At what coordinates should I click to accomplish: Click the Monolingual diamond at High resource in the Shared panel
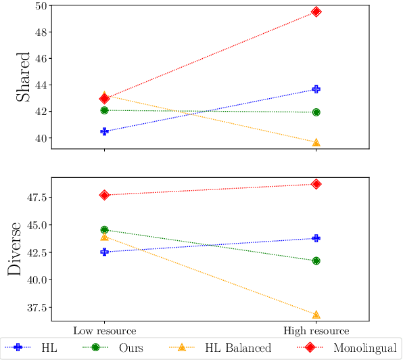coord(316,12)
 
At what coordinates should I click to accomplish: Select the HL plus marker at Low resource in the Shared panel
coord(104,131)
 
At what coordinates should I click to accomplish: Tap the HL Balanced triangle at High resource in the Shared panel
coord(316,142)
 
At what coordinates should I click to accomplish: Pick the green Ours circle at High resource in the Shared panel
coord(316,112)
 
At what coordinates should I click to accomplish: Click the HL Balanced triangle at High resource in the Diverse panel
coord(316,315)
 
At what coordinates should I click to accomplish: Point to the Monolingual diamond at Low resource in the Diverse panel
coord(104,195)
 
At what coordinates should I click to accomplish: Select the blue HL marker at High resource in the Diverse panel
coord(316,238)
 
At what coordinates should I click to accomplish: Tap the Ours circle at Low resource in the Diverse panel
coord(104,230)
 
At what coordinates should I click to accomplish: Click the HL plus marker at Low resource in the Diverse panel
coord(104,252)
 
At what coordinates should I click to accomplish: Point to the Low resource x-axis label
coord(104,332)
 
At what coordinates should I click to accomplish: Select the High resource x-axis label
coord(316,332)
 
